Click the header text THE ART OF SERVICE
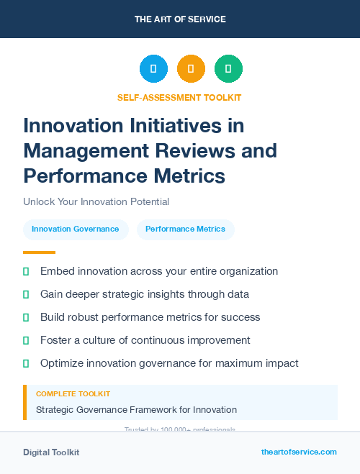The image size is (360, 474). coord(180,19)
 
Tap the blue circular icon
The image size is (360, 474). coord(153,68)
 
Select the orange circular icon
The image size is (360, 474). coord(191,68)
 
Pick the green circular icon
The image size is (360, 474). coord(228,68)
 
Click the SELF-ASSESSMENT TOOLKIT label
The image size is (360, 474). coord(179,97)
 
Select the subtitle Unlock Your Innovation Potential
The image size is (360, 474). coord(96,202)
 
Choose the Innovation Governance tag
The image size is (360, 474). coord(76,229)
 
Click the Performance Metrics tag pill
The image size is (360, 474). coord(185,229)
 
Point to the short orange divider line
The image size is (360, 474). coord(39,252)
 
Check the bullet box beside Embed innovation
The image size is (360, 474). coord(26,272)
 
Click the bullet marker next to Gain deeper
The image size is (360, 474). coord(26,295)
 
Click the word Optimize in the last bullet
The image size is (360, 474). coord(63,363)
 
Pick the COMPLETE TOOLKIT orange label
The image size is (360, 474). coord(73,394)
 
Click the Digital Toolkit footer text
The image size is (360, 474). coord(51,452)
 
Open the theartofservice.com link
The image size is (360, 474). coord(299,452)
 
